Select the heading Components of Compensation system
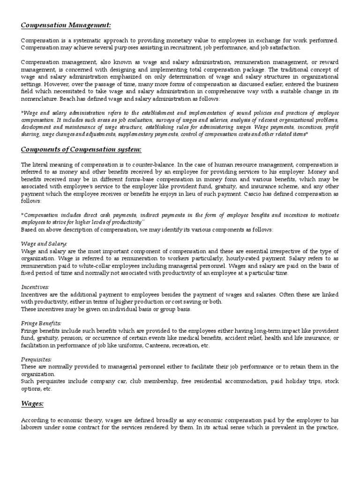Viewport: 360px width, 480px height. coord(81,150)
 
